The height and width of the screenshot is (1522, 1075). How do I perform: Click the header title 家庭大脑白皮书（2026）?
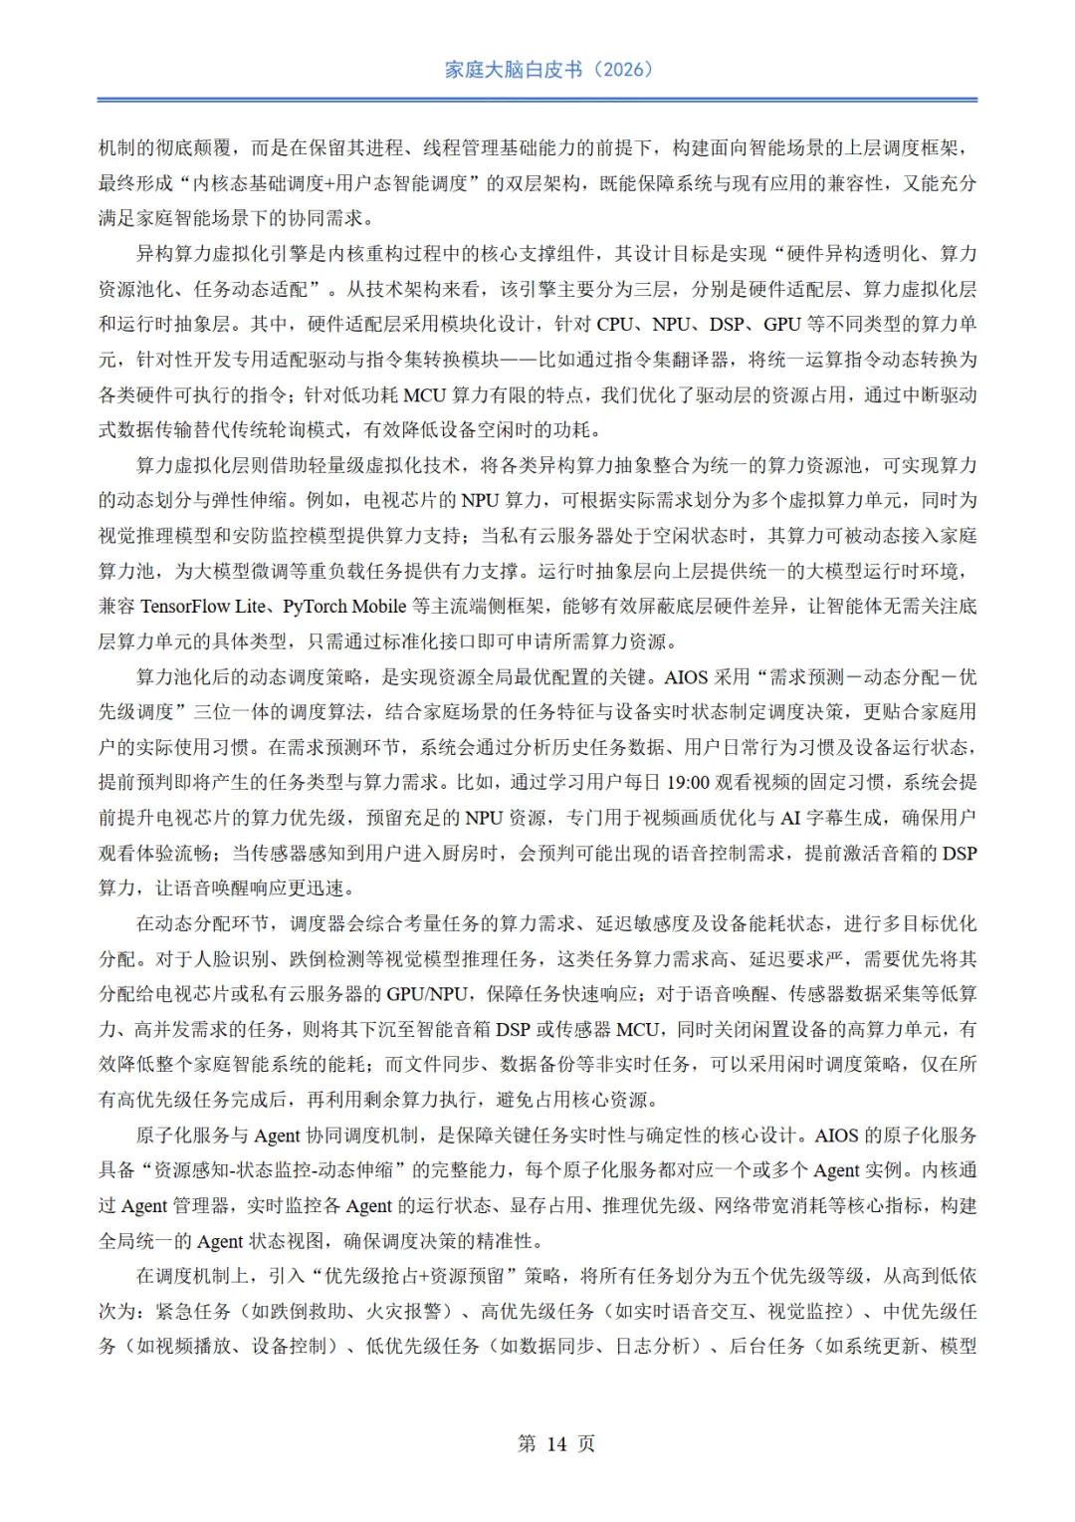548,70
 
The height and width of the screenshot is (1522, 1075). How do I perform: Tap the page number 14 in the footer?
556,1443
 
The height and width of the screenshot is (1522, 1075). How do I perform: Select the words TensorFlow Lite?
203,607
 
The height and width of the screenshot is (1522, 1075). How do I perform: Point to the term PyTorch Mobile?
344,607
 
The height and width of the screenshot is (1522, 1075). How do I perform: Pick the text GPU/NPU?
429,994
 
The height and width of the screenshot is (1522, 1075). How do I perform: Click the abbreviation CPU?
615,325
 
